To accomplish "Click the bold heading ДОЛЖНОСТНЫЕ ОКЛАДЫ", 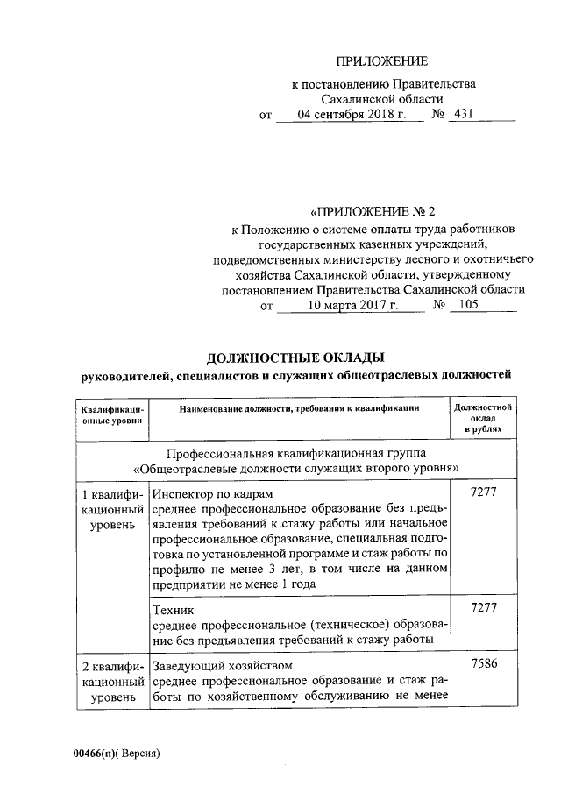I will click(x=295, y=358).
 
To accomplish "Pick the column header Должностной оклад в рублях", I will click(x=484, y=420).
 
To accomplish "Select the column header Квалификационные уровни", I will click(x=112, y=414).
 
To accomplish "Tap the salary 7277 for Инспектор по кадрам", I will click(x=484, y=494).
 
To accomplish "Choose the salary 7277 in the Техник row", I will click(x=484, y=606).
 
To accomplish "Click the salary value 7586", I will click(x=484, y=664).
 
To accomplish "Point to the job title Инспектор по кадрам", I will click(x=201, y=495).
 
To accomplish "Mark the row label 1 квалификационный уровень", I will click(x=112, y=509).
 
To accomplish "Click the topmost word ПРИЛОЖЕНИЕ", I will click(x=383, y=61).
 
